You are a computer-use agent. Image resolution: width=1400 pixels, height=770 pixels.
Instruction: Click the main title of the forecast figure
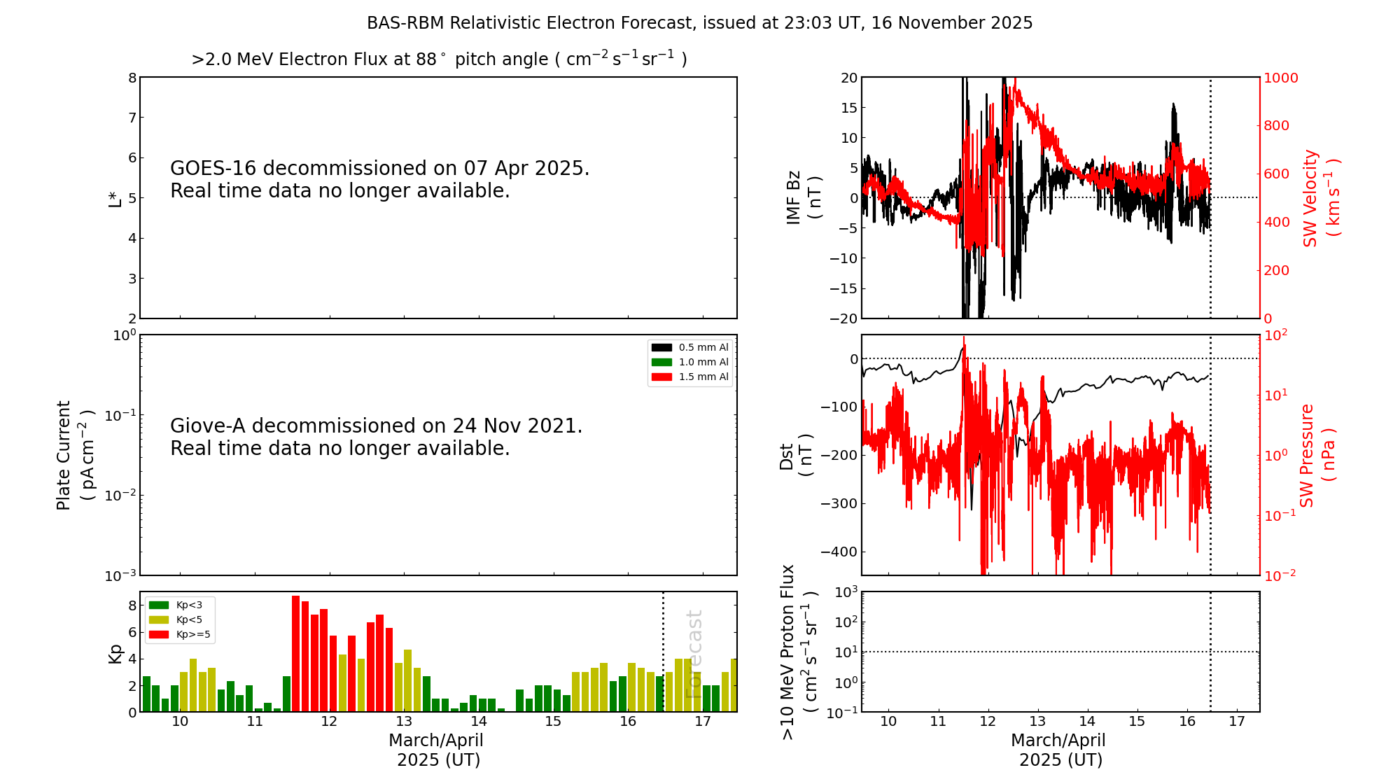coord(699,23)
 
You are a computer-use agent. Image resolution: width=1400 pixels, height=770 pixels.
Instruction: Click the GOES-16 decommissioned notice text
coord(379,179)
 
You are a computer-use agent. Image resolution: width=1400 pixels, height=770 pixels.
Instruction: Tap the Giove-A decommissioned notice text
coord(376,437)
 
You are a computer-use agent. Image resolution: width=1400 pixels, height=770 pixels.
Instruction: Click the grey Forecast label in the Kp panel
coord(694,654)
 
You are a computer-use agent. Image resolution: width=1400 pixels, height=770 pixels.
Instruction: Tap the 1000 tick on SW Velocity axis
coord(1280,78)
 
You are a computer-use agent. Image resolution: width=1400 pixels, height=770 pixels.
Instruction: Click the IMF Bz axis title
coord(803,197)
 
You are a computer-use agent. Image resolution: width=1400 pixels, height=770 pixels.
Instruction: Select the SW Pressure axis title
coord(1317,455)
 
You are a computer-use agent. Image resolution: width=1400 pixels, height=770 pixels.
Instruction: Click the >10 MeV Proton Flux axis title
coord(799,652)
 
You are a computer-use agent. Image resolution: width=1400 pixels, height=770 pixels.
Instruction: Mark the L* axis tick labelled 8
coord(132,78)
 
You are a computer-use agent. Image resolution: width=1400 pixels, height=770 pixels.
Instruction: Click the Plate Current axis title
coord(75,455)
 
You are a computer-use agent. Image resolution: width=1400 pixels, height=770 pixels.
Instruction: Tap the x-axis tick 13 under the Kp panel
coord(404,722)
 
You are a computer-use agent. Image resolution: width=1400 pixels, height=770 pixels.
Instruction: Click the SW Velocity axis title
coord(1320,197)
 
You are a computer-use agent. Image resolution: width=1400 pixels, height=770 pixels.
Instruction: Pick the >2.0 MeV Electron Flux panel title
coord(439,59)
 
